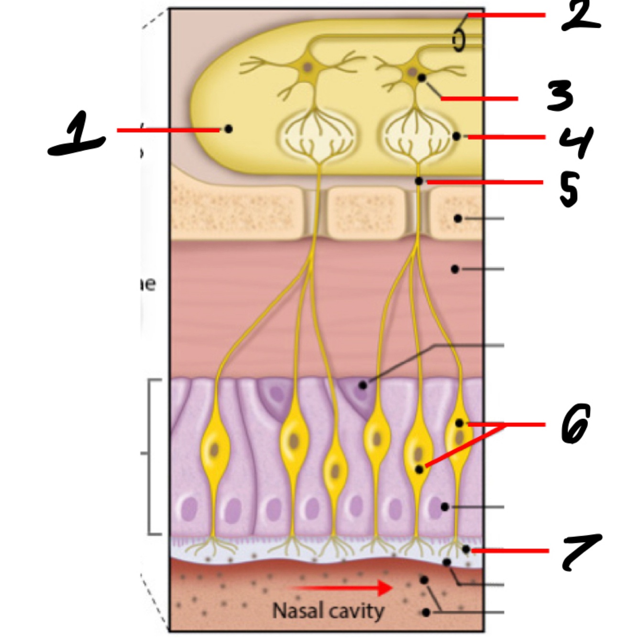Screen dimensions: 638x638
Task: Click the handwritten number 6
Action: pos(575,423)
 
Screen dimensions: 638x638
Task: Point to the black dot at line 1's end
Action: pos(229,129)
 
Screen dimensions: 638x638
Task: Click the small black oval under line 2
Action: pos(459,41)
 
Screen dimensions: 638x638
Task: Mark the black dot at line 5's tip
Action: pos(419,181)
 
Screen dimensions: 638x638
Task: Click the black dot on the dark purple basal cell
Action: pos(363,385)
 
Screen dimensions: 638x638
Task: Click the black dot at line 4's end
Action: pos(456,136)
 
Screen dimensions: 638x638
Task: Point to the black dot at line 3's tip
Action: pos(422,77)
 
